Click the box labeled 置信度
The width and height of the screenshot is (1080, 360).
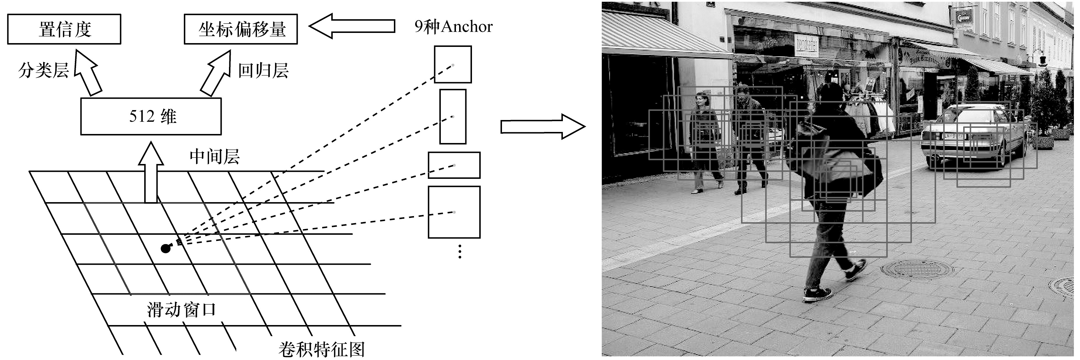click(x=64, y=29)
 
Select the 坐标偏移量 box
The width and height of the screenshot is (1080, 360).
click(x=241, y=29)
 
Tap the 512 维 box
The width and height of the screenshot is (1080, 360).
click(x=151, y=116)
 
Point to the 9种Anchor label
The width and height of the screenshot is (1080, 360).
click(x=453, y=27)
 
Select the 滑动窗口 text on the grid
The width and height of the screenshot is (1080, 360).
click(x=181, y=310)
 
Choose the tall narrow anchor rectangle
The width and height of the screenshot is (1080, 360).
click(x=452, y=117)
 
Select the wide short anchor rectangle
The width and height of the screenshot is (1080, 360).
click(x=454, y=165)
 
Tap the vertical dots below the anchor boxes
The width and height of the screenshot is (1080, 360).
click(x=460, y=251)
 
